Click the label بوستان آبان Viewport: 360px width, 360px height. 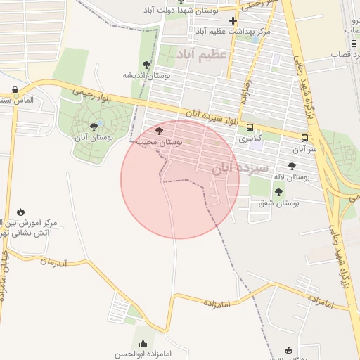[94, 138]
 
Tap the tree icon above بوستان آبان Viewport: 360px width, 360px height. [94, 127]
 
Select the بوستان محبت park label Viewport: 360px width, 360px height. [160, 141]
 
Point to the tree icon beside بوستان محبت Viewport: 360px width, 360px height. [158, 130]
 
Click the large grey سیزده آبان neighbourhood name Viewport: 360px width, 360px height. [240, 168]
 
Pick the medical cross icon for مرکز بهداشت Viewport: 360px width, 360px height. [233, 20]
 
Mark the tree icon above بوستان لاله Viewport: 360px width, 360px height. [292, 167]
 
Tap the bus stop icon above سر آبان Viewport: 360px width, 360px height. [304, 138]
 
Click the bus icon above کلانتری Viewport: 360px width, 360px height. [251, 127]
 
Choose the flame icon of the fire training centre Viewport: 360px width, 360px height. [20, 212]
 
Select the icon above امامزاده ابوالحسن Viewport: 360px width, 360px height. [143, 343]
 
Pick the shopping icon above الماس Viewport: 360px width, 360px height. [15, 89]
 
